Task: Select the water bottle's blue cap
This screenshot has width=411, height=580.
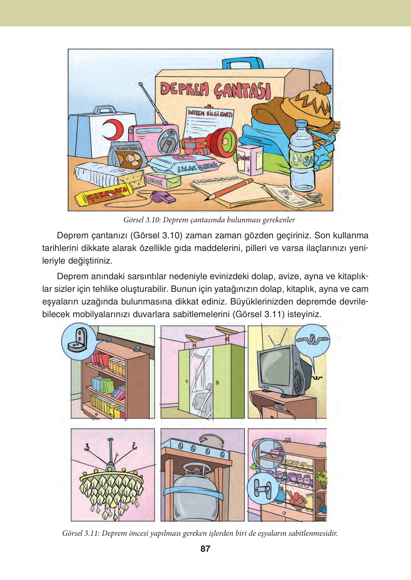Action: tap(301, 124)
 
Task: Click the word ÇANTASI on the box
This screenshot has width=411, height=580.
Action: tap(242, 90)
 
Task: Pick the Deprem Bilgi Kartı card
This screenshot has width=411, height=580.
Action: tap(209, 123)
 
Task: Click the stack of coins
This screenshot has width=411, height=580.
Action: tap(315, 197)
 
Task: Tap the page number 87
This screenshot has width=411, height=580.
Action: tap(205, 549)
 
